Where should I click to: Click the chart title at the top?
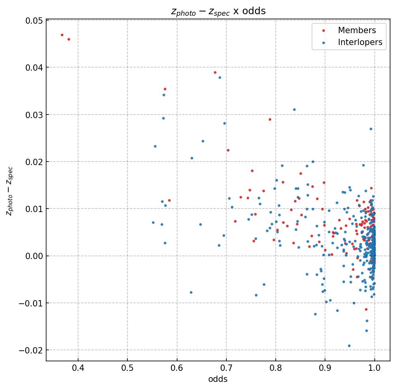(x=218, y=11)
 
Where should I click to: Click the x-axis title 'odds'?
(x=218, y=380)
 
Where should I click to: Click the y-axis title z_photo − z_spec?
(x=9, y=191)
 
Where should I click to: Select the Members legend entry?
(x=357, y=30)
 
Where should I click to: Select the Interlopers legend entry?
(x=360, y=43)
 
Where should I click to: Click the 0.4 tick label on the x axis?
(x=78, y=368)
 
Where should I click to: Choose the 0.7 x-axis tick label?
(x=226, y=368)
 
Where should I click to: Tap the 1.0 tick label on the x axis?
(x=374, y=368)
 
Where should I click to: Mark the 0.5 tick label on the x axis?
(x=127, y=368)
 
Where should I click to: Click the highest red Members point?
(x=62, y=35)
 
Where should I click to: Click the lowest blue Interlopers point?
(x=349, y=346)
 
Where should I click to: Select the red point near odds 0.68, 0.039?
(x=215, y=72)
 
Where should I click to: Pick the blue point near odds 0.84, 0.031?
(x=294, y=109)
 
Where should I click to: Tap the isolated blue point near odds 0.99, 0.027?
(x=371, y=129)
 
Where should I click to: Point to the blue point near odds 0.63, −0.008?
(x=191, y=292)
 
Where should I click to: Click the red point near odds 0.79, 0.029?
(x=270, y=119)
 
